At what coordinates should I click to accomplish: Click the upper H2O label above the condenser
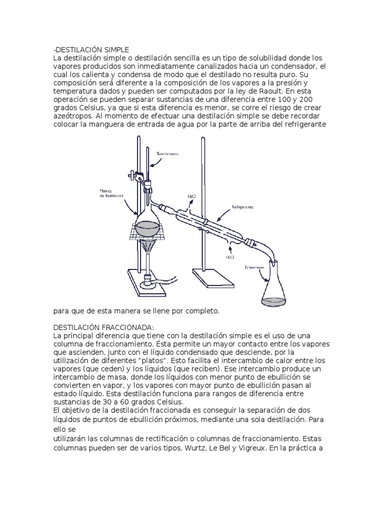(191, 197)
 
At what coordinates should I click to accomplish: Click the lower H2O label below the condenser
(230, 257)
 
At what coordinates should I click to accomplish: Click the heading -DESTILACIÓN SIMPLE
(91, 49)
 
